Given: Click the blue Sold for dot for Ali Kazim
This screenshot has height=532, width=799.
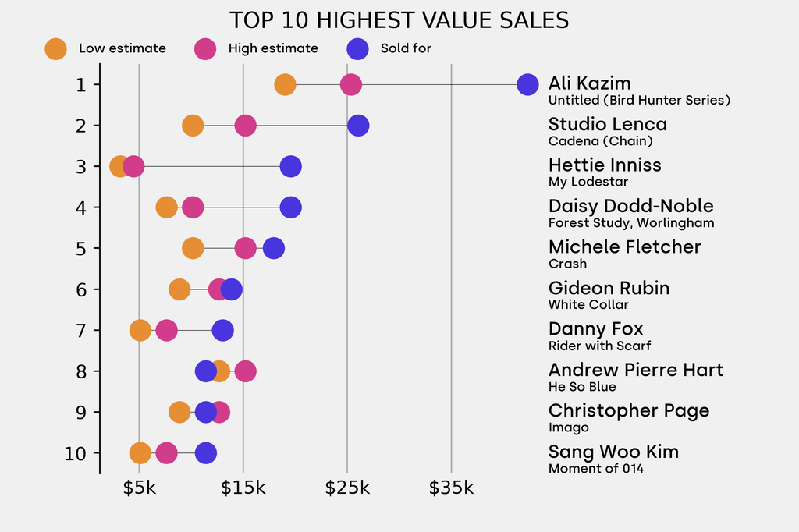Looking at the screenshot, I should click(527, 84).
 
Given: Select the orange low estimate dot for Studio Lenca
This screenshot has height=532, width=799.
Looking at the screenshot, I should click(193, 126).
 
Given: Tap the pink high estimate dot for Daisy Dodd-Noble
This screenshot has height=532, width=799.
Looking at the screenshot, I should click(193, 207).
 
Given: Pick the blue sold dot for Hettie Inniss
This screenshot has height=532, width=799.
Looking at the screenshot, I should click(290, 166).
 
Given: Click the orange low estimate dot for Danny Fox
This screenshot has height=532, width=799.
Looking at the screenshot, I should click(140, 330).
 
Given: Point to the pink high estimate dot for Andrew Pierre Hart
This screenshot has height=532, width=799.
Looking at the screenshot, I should click(245, 371).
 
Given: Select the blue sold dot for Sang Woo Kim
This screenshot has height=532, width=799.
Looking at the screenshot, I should click(205, 453).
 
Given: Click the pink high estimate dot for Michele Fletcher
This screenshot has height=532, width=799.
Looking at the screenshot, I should click(245, 248).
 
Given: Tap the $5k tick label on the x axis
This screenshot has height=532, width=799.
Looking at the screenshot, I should click(140, 488).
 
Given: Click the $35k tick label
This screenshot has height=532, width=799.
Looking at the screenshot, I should click(451, 488).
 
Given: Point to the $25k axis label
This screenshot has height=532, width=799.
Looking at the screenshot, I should click(347, 488).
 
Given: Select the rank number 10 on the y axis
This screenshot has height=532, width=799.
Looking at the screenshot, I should click(76, 453).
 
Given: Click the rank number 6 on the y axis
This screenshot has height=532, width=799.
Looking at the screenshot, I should click(82, 289).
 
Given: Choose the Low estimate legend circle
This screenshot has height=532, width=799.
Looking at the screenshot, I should click(55, 48).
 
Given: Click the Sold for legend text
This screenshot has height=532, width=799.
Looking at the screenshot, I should click(406, 48).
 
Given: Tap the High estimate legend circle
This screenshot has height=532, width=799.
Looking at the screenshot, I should click(205, 48).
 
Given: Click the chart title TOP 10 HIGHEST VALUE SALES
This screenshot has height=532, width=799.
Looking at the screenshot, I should click(399, 20).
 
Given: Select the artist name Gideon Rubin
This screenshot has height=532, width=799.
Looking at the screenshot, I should click(609, 288).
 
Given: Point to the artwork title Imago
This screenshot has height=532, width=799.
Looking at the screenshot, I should click(568, 427).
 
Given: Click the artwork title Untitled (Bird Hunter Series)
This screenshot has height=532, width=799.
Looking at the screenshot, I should click(639, 100).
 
